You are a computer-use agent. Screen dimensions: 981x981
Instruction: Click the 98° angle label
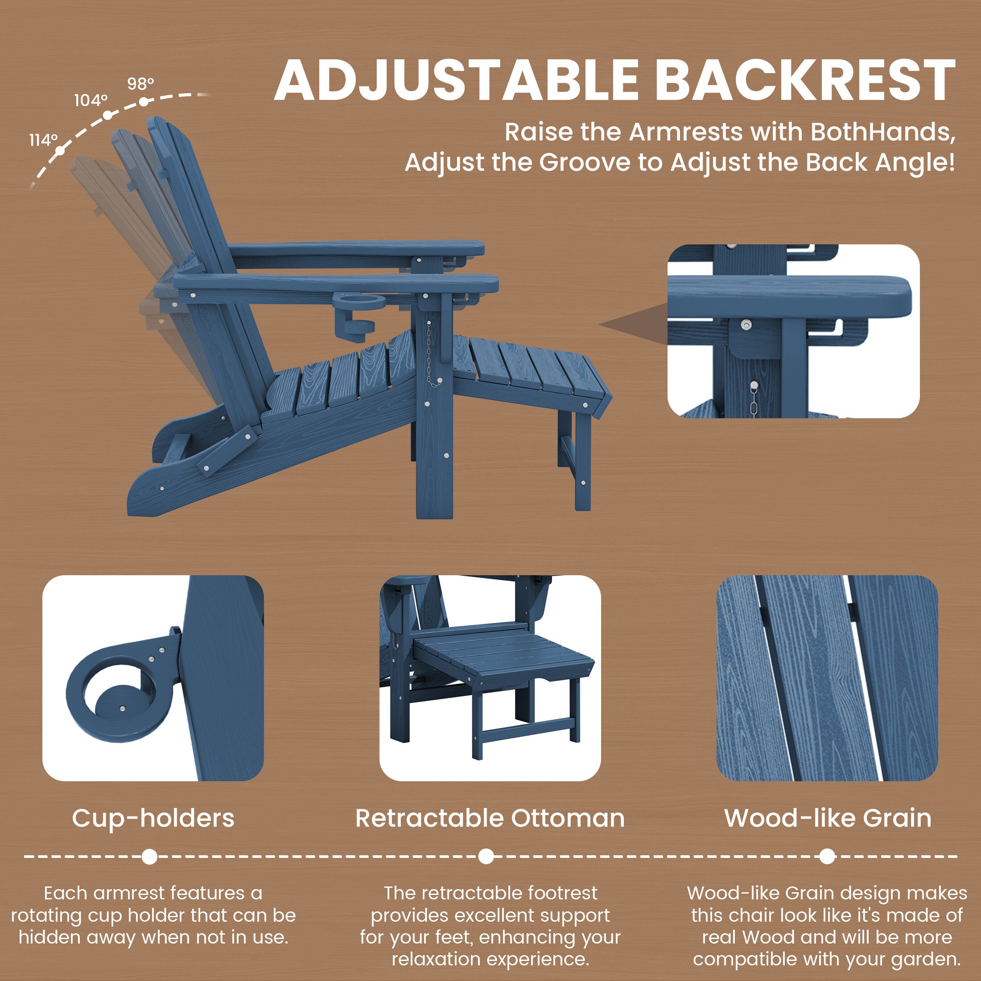140,83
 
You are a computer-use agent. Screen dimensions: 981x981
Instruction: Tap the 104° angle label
91,100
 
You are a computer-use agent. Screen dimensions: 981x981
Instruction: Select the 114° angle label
43,140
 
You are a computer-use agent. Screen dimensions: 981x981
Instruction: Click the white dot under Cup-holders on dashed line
149,857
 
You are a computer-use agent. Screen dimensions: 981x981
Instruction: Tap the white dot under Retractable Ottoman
486,857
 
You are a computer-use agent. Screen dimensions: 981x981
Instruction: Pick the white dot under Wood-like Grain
827,857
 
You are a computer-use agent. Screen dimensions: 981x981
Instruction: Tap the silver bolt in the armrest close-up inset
746,324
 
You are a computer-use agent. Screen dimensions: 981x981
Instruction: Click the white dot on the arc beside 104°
107,115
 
